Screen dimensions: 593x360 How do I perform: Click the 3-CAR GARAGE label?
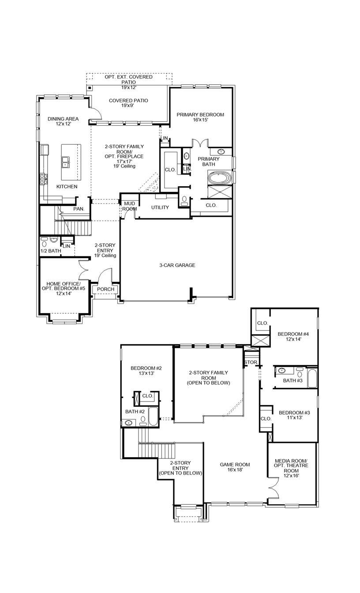pos(177,265)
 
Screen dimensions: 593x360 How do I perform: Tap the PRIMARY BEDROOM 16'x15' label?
pos(200,117)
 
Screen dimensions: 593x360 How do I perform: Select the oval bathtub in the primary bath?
pos(219,179)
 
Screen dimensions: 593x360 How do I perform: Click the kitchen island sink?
pos(65,162)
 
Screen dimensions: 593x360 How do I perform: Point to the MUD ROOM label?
pos(129,206)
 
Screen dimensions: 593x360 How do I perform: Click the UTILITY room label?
pos(160,207)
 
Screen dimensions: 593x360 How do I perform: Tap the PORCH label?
pos(105,289)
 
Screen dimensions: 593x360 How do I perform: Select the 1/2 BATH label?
pos(50,251)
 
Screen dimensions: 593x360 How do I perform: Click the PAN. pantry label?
pos(79,209)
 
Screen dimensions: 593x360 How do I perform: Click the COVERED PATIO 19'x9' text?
pos(128,103)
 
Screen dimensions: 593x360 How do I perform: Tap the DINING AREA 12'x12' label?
pos(63,121)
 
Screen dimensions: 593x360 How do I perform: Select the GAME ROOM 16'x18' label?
pos(235,467)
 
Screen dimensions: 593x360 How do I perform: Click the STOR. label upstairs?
pos(250,363)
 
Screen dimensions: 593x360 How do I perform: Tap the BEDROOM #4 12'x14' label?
pos(292,337)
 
